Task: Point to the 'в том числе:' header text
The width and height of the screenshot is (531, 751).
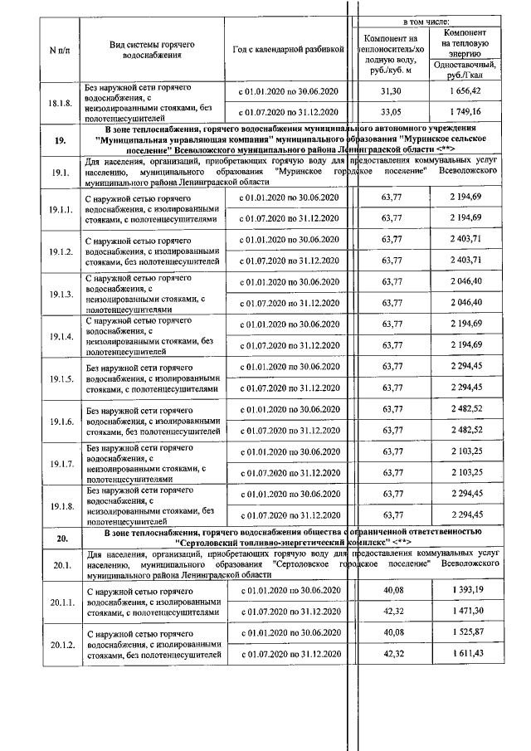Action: click(426, 19)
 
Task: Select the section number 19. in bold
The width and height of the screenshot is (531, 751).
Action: click(61, 140)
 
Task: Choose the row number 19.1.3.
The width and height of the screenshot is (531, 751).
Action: click(61, 294)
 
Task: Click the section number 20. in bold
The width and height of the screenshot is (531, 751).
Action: click(61, 539)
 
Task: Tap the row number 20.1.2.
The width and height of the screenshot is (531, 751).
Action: click(61, 644)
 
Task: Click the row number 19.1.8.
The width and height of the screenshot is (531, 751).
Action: click(61, 505)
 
